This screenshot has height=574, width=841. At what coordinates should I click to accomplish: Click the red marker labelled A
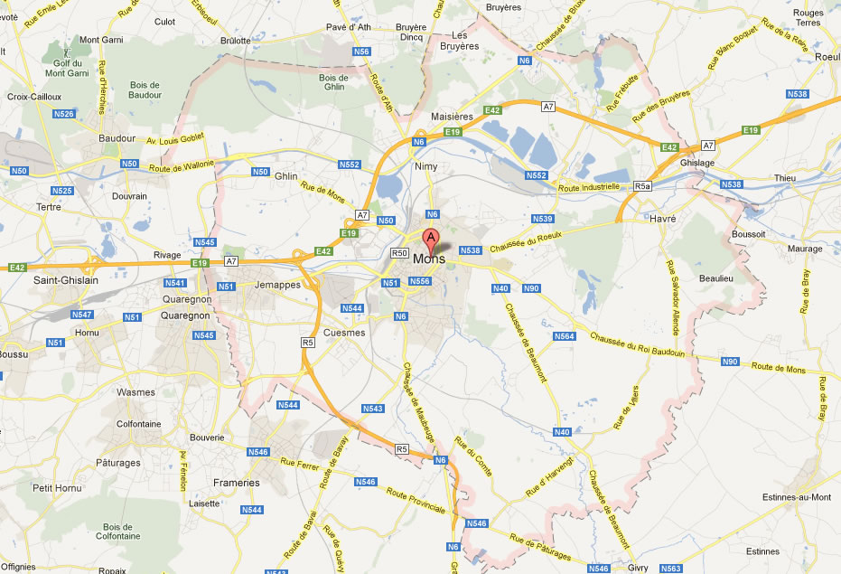point(432,240)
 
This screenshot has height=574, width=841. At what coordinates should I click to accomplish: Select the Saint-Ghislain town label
point(66,280)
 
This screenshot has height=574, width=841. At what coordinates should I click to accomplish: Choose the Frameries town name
point(236,483)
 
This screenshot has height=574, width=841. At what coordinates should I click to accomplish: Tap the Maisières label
point(452,117)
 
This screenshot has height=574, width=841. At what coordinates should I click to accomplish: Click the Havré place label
point(662,218)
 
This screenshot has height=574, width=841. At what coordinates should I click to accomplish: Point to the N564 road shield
point(564,336)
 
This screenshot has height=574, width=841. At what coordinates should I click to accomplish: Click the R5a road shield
point(642,186)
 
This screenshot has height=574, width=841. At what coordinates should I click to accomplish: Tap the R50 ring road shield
point(400,253)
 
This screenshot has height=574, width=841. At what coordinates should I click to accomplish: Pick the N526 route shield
point(63,114)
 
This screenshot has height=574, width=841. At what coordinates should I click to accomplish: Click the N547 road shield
point(81,315)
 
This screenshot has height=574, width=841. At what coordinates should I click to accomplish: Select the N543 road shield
point(372,409)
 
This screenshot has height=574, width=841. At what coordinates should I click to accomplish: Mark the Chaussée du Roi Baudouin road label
point(638,345)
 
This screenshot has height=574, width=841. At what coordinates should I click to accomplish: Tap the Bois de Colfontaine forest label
point(123,531)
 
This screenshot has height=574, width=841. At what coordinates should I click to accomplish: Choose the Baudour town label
point(117,138)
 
